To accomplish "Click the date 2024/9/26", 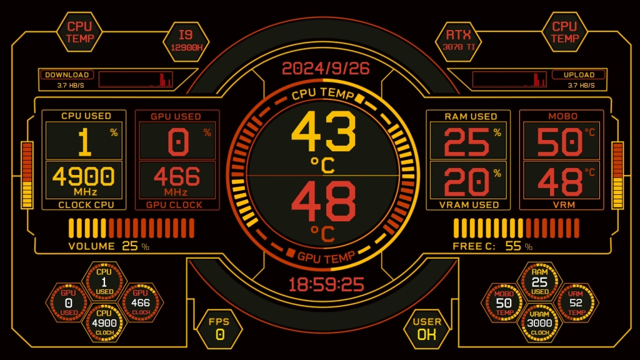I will [325, 69].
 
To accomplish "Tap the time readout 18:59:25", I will [326, 285].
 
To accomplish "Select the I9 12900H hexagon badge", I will [186, 41].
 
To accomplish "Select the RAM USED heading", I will [471, 116].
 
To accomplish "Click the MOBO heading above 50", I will [562, 116].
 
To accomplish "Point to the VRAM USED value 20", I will [466, 182].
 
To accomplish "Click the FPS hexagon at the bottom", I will [219, 328].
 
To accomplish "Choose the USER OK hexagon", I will [427, 328].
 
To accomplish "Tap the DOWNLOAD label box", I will [67, 75].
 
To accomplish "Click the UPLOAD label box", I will [579, 75].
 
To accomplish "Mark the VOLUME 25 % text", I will [109, 246].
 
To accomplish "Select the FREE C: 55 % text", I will [492, 246].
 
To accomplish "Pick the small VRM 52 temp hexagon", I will [576, 302].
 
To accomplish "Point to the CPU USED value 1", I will [84, 142].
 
